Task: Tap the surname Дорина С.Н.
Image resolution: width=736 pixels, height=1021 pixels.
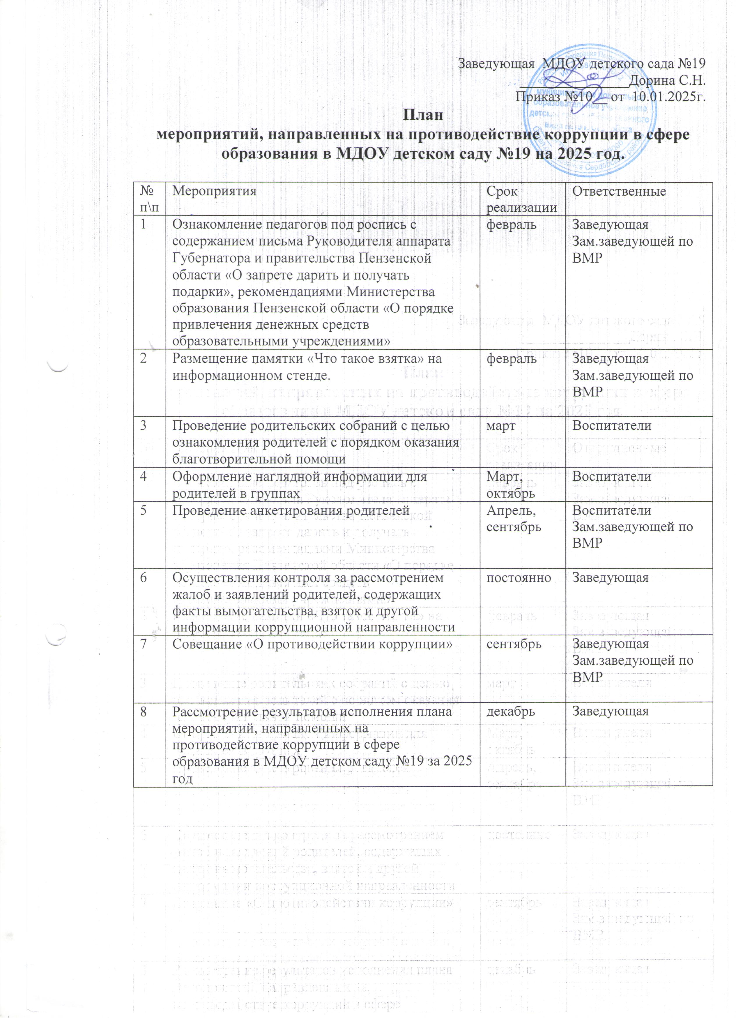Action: click(x=667, y=81)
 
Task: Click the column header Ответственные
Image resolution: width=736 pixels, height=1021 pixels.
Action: click(x=618, y=191)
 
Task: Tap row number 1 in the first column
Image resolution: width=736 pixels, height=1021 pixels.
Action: click(x=143, y=224)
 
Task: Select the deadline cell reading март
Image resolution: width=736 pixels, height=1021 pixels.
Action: click(x=501, y=425)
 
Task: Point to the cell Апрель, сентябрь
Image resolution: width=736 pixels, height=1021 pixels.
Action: click(x=514, y=518)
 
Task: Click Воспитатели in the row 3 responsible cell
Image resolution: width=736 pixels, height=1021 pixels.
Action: click(x=611, y=425)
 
